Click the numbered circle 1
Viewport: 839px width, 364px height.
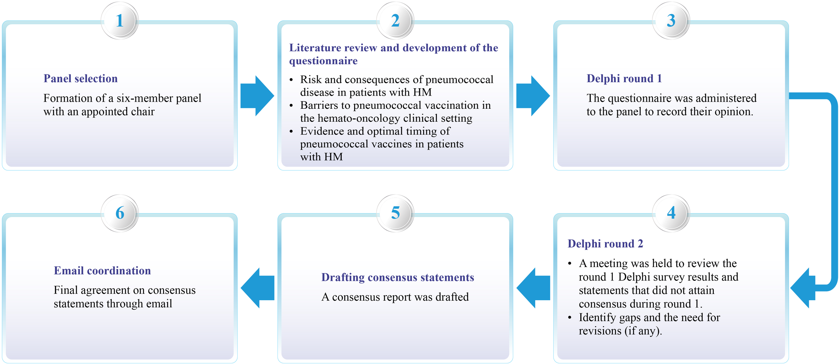pyautogui.click(x=120, y=21)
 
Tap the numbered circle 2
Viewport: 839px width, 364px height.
pyautogui.click(x=395, y=21)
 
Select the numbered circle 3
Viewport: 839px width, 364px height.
pyautogui.click(x=671, y=21)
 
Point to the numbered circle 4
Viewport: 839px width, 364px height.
pyautogui.click(x=671, y=213)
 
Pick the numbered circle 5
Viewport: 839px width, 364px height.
pyautogui.click(x=395, y=213)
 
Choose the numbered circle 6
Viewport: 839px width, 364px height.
pyautogui.click(x=120, y=213)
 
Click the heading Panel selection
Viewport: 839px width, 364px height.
pyautogui.click(x=81, y=79)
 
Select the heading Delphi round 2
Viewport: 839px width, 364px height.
pyautogui.click(x=605, y=244)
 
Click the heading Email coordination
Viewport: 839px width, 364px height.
pyautogui.click(x=102, y=271)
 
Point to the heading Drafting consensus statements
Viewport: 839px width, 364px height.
pyautogui.click(x=398, y=277)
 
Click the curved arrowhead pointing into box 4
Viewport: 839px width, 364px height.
pyautogui.click(x=803, y=288)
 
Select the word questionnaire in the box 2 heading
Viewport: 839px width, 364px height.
pyautogui.click(x=323, y=61)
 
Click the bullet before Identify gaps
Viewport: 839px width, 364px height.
pyautogui.click(x=570, y=317)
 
